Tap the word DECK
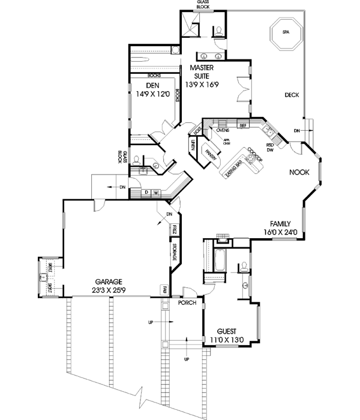292,95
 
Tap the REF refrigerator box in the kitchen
243,126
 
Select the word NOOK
298,172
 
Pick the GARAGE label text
108,281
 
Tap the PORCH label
187,303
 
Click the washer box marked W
156,193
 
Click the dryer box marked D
146,193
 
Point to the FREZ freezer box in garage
174,230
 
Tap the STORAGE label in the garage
174,253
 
